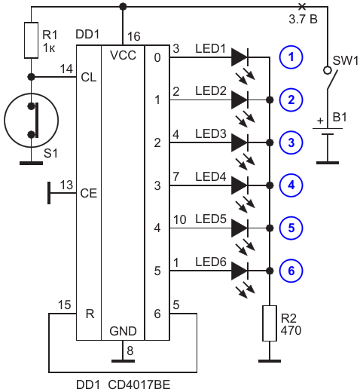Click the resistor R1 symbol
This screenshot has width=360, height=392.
(x=31, y=40)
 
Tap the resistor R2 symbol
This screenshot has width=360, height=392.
(x=270, y=323)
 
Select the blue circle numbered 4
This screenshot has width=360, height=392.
(x=291, y=185)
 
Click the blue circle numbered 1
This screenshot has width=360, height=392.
(x=291, y=57)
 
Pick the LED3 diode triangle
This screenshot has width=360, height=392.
(x=239, y=142)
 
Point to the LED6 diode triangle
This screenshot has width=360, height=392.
(x=239, y=271)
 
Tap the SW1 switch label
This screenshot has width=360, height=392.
(x=346, y=60)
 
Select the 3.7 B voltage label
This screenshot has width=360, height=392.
(x=303, y=20)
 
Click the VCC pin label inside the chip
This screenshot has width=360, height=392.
(x=123, y=55)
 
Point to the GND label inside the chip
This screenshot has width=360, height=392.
(x=123, y=331)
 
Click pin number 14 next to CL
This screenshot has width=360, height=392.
(x=66, y=69)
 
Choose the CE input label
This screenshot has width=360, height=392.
(x=88, y=193)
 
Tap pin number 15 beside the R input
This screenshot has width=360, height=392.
(x=65, y=305)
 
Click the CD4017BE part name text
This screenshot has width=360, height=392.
(x=139, y=385)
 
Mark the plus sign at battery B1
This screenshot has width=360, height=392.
(x=320, y=121)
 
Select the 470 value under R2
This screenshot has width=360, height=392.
(x=291, y=330)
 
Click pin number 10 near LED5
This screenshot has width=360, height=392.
(x=180, y=219)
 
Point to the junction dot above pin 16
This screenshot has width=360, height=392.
(x=123, y=7)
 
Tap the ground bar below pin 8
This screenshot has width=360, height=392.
(x=123, y=361)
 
